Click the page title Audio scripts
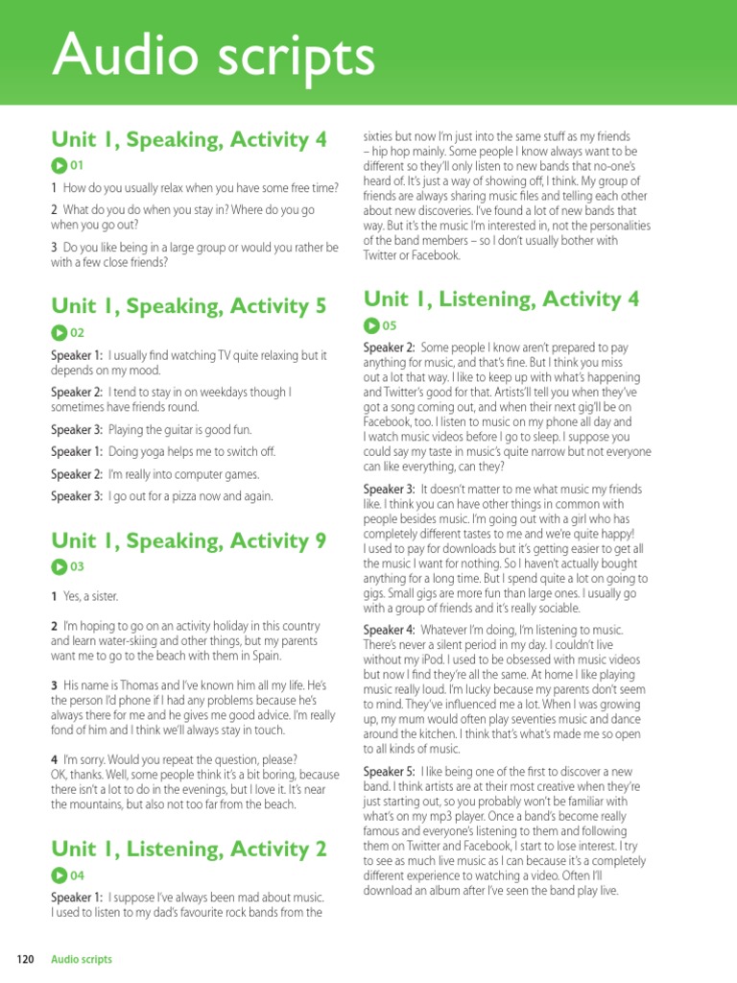click(213, 56)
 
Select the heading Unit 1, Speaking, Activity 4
click(189, 139)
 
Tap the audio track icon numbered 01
click(59, 165)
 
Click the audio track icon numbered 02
click(59, 332)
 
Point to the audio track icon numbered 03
click(59, 566)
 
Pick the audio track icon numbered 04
click(59, 875)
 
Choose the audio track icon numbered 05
click(371, 324)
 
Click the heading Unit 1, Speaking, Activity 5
click(189, 306)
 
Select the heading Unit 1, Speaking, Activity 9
click(189, 540)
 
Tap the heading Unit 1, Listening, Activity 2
click(189, 849)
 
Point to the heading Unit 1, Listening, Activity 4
click(501, 299)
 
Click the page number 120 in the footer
click(26, 959)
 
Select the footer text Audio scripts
click(82, 959)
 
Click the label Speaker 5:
click(389, 771)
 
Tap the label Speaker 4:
click(389, 629)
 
